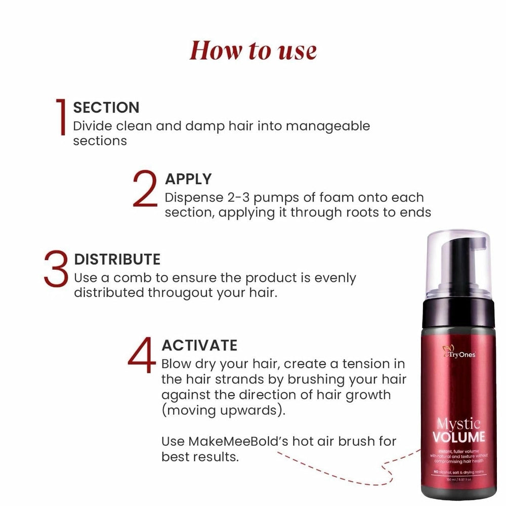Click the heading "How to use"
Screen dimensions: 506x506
(253, 51)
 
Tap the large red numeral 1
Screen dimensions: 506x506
(62, 117)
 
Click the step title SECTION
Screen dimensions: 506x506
(106, 107)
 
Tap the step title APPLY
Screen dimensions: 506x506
(188, 179)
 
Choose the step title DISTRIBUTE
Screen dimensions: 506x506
(117, 260)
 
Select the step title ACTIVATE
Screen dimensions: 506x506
(199, 346)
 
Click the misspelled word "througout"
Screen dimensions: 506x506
(179, 293)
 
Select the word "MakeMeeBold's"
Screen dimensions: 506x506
(238, 441)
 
